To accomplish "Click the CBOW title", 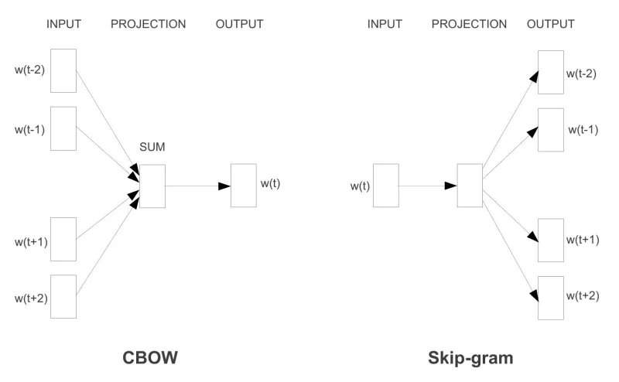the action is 150,357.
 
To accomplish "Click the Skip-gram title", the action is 470,358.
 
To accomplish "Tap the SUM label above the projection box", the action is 152,147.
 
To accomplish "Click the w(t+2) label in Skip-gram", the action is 583,296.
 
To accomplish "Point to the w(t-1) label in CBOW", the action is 29,130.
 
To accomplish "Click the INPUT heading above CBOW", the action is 63,24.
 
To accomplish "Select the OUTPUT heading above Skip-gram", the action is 551,24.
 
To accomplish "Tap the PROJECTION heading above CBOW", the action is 148,24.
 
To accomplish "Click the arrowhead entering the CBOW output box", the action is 224,186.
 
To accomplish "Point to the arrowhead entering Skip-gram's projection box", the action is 451,186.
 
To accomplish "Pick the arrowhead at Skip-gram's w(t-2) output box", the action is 534,77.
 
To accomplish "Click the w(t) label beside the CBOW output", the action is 270,183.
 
